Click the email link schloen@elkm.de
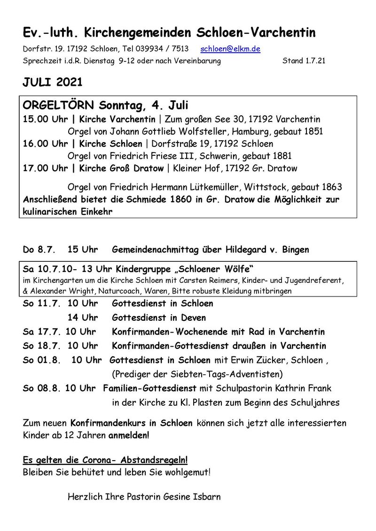pos(230,49)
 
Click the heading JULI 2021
pos(53,83)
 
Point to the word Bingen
pos(296,250)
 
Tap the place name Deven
pos(194,318)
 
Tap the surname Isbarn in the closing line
pos(206,496)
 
